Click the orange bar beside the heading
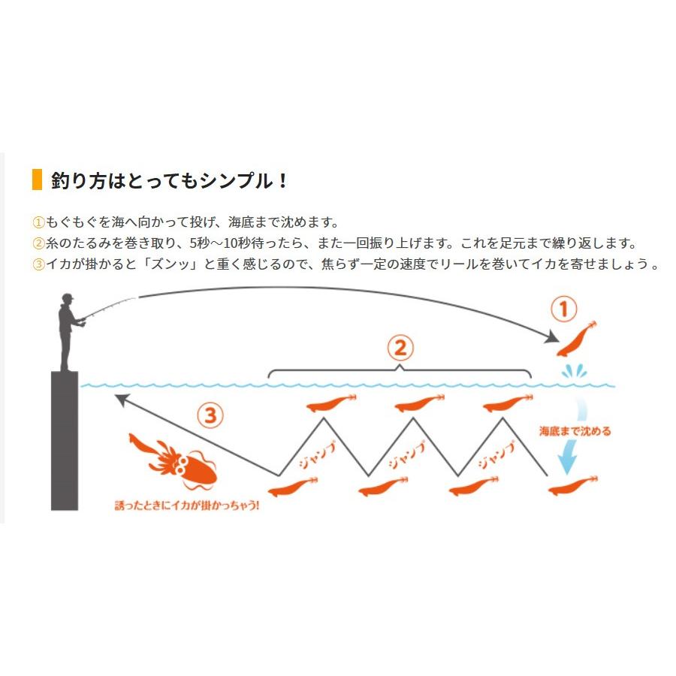(36, 180)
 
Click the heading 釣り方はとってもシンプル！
(169, 181)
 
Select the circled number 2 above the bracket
(400, 347)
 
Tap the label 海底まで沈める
(575, 431)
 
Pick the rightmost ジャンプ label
(496, 454)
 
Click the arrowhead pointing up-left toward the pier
(120, 397)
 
